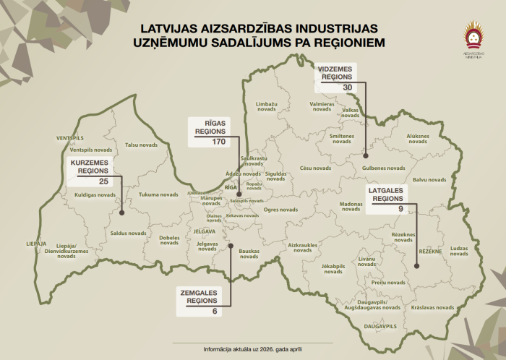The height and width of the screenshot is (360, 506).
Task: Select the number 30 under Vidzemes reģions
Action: (348, 87)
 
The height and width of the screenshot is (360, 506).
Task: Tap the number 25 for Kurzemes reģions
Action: (103, 181)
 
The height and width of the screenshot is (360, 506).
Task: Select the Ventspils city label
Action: (70, 137)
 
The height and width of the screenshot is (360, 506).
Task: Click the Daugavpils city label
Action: (381, 327)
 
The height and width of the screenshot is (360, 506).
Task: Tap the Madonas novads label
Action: (351, 206)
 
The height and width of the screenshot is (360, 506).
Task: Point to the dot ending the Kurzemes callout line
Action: (121, 213)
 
